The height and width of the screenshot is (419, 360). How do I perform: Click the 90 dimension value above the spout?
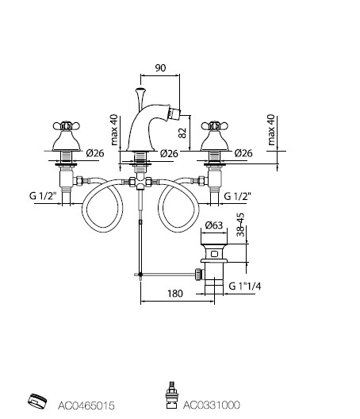tap(160, 68)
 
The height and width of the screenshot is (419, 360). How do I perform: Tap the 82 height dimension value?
tap(182, 133)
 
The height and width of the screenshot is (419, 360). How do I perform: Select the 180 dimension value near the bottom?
tap(175, 294)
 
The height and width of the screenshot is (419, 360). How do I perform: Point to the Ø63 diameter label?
tap(213, 225)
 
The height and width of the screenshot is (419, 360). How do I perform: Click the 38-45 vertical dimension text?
tap(240, 225)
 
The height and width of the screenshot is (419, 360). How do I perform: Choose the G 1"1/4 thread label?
tap(245, 286)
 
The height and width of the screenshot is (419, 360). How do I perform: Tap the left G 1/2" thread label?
tap(43, 196)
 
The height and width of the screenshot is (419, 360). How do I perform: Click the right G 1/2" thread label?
tap(237, 196)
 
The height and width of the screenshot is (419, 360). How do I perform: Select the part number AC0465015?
tap(86, 406)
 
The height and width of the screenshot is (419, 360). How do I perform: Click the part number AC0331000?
tap(211, 405)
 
